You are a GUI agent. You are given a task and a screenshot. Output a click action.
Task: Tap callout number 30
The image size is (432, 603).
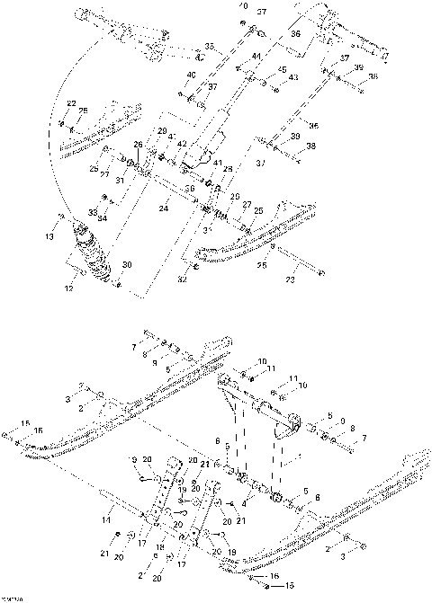(x=126, y=264)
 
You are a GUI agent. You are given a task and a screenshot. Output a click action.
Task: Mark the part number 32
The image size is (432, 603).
(x=183, y=280)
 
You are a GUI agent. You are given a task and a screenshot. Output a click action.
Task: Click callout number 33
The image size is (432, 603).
(x=94, y=211)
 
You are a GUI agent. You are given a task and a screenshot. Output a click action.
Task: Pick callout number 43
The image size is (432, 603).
(x=293, y=77)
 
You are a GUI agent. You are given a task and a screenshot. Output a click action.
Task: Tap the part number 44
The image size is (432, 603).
(x=256, y=57)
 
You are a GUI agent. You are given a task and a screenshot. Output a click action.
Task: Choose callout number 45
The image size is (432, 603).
(x=282, y=69)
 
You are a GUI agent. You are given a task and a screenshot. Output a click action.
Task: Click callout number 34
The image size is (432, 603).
(x=102, y=217)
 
